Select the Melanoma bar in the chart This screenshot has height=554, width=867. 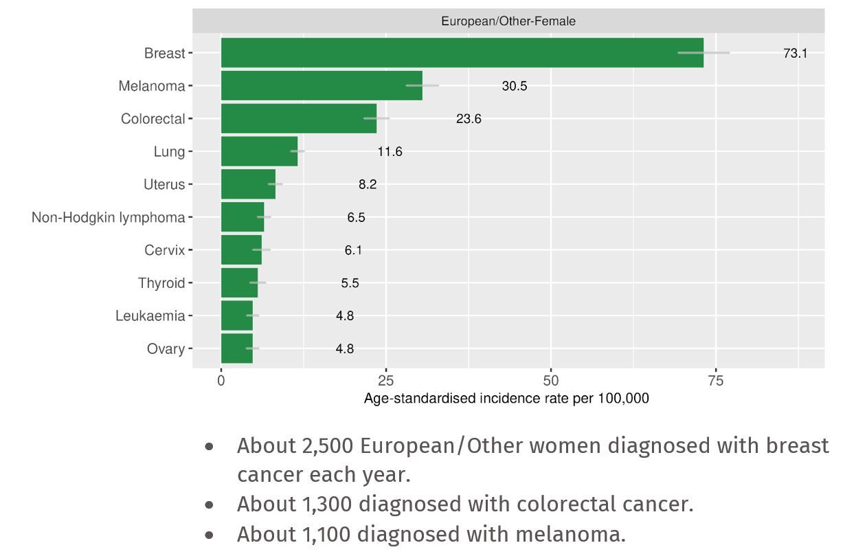click(x=322, y=86)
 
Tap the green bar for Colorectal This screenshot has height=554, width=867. click(x=299, y=119)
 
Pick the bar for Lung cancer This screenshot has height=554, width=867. click(x=259, y=151)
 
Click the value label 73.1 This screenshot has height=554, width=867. click(x=795, y=53)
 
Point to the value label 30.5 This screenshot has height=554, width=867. click(x=515, y=86)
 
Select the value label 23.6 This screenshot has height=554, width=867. click(x=469, y=119)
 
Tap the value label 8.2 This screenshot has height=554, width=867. click(x=368, y=184)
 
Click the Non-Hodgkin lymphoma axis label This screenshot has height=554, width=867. click(x=108, y=217)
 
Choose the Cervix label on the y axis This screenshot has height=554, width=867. click(x=164, y=250)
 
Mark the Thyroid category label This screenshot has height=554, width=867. click(x=161, y=283)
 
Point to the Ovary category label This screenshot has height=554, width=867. click(x=166, y=349)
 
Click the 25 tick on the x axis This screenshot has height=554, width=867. click(x=386, y=381)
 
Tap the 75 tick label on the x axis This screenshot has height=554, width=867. click(x=716, y=381)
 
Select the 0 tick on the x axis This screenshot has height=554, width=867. click(x=221, y=381)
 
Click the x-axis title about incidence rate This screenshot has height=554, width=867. click(x=506, y=399)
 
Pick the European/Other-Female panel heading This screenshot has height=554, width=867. click(x=508, y=21)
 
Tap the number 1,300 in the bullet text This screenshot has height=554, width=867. click(x=326, y=505)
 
